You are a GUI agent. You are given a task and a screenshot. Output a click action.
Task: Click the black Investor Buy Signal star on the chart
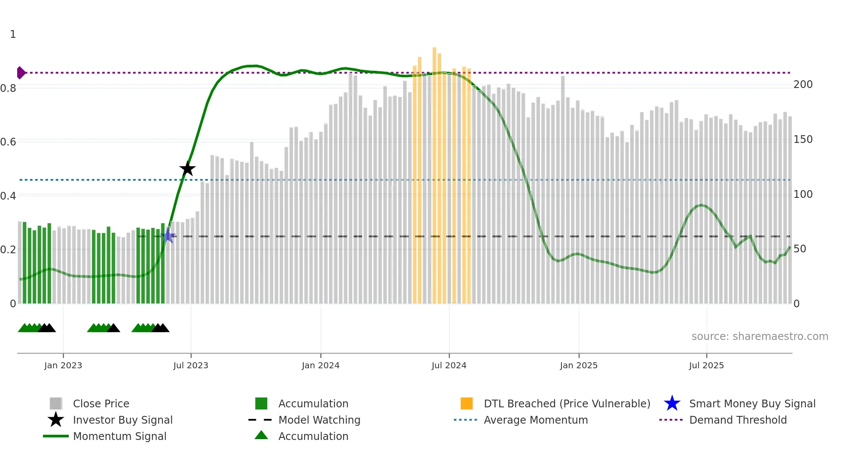tap(187, 169)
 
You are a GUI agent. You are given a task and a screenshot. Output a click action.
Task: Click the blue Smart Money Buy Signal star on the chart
tap(168, 236)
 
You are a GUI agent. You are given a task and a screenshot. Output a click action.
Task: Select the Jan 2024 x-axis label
tap(320, 365)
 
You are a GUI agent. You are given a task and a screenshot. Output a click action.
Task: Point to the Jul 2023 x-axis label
tap(191, 365)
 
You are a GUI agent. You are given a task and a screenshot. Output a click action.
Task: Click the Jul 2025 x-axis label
tap(706, 365)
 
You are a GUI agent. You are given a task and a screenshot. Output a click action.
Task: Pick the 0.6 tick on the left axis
tap(8, 142)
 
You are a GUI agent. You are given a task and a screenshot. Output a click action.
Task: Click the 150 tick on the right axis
tap(803, 139)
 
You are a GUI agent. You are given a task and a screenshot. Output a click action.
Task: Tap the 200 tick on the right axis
tap(803, 85)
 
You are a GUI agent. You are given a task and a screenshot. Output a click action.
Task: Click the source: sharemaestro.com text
tap(760, 337)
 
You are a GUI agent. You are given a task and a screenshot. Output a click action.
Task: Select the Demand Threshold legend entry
tap(738, 420)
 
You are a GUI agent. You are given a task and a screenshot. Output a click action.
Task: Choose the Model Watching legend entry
tap(319, 420)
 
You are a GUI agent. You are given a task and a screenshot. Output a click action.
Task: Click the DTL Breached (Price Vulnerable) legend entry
tap(567, 403)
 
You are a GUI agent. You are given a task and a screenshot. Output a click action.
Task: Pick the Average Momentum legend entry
tap(535, 420)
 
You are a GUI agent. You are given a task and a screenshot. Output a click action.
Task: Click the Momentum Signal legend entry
tap(119, 436)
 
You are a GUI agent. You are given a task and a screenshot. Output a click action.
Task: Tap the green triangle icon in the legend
tap(261, 435)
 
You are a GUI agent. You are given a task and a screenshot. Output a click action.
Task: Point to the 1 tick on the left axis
tap(13, 34)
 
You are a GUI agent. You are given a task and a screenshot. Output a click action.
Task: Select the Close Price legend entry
tap(101, 403)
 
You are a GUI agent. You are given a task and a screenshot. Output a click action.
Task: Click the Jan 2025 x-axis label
tap(579, 365)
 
